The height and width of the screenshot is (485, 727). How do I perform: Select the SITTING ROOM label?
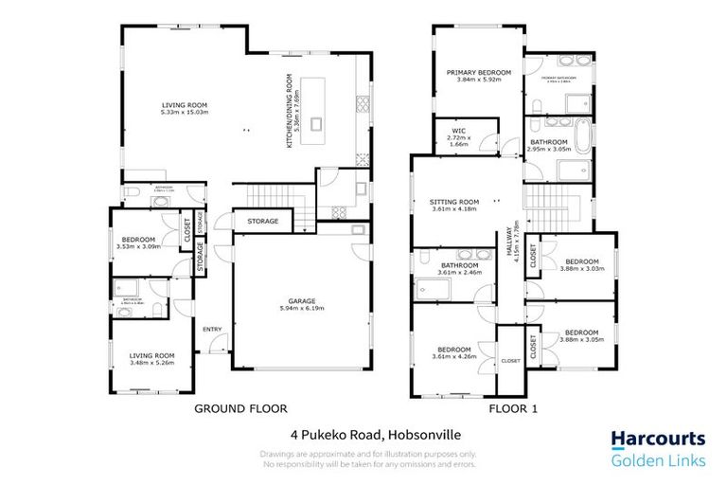[x=455, y=202]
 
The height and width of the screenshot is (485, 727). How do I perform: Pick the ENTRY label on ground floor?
[x=211, y=329]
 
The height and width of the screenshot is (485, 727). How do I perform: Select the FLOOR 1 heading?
[x=513, y=409]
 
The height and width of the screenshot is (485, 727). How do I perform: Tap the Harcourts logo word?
[x=656, y=439]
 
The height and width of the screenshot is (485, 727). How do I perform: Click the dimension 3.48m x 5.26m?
[x=152, y=361]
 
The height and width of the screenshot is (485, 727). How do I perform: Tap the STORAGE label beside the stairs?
[x=263, y=222]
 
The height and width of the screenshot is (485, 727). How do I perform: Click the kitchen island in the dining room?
[x=315, y=109]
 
